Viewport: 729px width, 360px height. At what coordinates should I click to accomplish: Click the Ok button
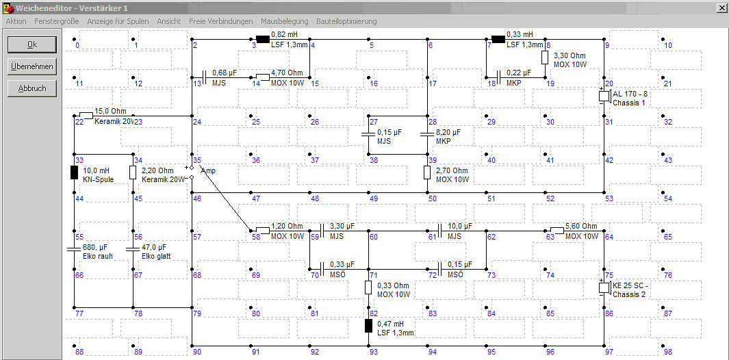coord(32,44)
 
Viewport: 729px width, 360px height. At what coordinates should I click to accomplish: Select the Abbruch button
coord(32,88)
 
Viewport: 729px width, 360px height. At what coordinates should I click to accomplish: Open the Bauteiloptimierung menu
coord(346,21)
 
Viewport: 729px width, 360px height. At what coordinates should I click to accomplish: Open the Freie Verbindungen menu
coord(221,21)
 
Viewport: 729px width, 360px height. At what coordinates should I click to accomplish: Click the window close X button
coord(722,8)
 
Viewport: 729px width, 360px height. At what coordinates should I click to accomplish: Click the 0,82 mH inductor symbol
coord(263,39)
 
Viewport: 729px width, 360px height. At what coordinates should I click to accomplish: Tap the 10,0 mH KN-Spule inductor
coord(74,172)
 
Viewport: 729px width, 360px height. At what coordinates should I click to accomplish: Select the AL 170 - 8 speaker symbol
coord(604,96)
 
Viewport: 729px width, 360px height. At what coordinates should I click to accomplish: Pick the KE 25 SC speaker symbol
coord(604,287)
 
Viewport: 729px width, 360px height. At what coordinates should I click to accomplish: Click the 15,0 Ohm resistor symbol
coord(86,115)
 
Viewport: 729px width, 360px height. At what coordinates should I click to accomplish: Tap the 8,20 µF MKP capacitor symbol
coord(427,134)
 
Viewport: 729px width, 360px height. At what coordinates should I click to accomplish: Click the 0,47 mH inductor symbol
coord(368,326)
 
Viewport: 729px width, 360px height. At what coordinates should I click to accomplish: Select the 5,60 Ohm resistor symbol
coord(557,230)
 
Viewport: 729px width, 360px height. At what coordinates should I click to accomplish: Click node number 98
coord(668,352)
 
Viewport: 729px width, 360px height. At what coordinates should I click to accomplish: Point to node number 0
coord(77,45)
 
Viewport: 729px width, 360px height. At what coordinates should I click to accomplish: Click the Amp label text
coord(208,170)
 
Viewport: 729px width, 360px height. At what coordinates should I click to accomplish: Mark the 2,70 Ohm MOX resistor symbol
coord(427,172)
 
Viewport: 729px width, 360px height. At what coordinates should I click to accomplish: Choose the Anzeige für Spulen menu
coord(118,21)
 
